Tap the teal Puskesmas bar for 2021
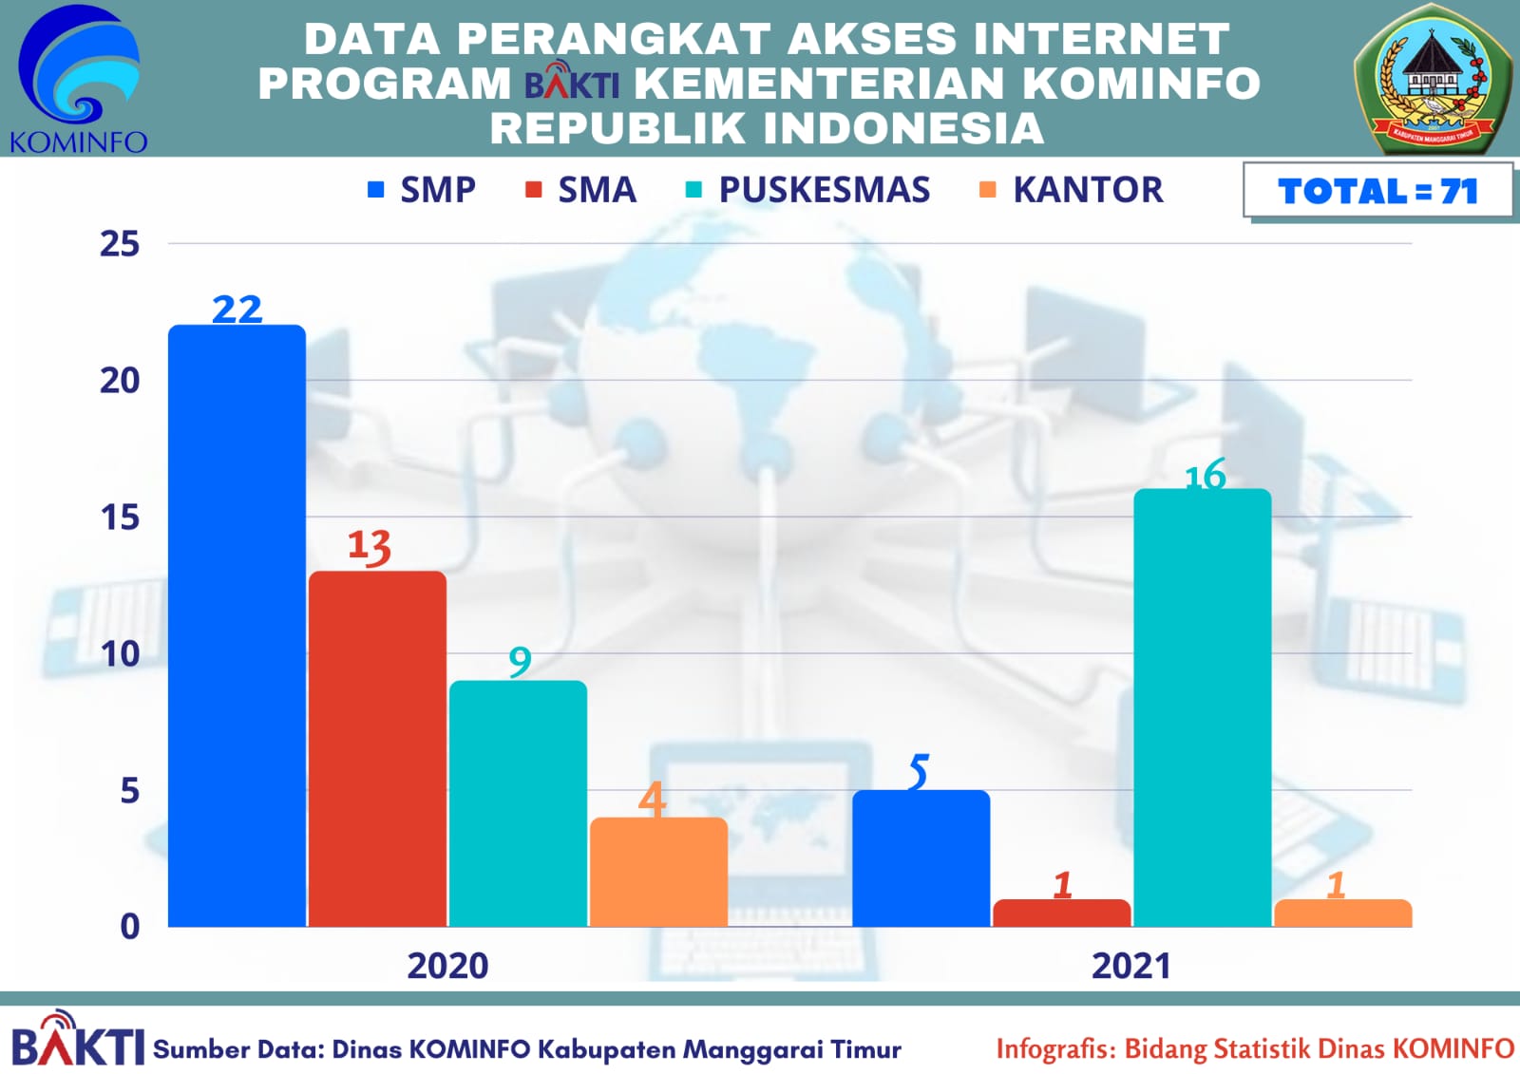(x=1202, y=707)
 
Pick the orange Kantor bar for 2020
(x=658, y=872)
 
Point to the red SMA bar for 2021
(x=1061, y=913)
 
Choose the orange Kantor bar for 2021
(x=1342, y=913)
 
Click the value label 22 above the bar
(x=237, y=309)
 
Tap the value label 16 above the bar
(x=1205, y=475)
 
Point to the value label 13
(x=369, y=546)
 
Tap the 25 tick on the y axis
(x=120, y=244)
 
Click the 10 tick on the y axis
(x=120, y=653)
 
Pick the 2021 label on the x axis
(x=1130, y=966)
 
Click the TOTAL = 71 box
(x=1377, y=191)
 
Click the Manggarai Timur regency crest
(x=1434, y=79)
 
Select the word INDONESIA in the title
(x=901, y=128)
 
